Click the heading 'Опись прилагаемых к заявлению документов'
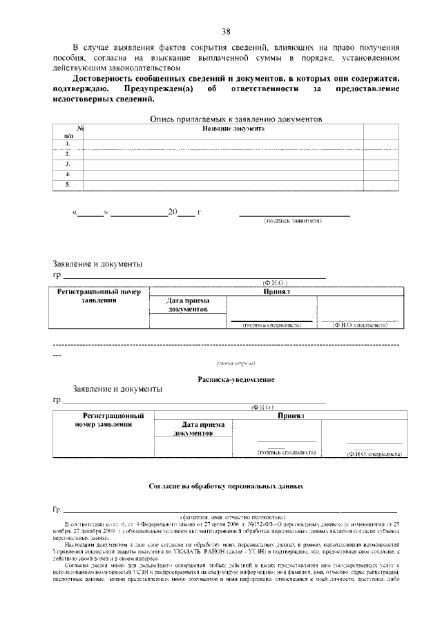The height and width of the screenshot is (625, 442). click(x=236, y=119)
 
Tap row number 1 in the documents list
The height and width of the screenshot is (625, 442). click(x=68, y=144)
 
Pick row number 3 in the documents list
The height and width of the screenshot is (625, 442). click(x=68, y=164)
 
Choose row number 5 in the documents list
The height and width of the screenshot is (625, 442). click(x=68, y=185)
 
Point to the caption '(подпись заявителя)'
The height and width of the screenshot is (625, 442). click(x=293, y=221)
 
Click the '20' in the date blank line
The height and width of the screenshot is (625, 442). click(x=173, y=212)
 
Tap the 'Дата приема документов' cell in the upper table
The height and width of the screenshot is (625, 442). click(x=188, y=305)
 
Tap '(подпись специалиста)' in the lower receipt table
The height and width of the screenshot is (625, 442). click(x=286, y=452)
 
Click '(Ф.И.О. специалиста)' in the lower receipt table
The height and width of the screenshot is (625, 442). click(x=374, y=454)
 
